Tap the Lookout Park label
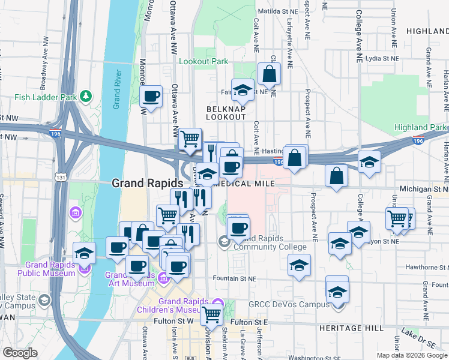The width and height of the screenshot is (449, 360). point(203,61)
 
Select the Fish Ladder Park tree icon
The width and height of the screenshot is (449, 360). point(86,95)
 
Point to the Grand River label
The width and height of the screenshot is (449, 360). point(118,89)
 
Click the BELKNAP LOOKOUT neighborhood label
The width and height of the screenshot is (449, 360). point(226,113)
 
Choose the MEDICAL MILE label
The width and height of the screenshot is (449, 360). point(249,183)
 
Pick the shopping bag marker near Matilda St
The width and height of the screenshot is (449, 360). point(270,74)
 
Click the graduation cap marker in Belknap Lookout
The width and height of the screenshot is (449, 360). point(243,90)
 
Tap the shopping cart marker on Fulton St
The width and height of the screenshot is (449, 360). point(211,313)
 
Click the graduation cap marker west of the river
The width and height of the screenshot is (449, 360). point(84,253)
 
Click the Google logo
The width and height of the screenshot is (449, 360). point(19,353)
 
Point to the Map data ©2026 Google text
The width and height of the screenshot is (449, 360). point(411,355)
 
